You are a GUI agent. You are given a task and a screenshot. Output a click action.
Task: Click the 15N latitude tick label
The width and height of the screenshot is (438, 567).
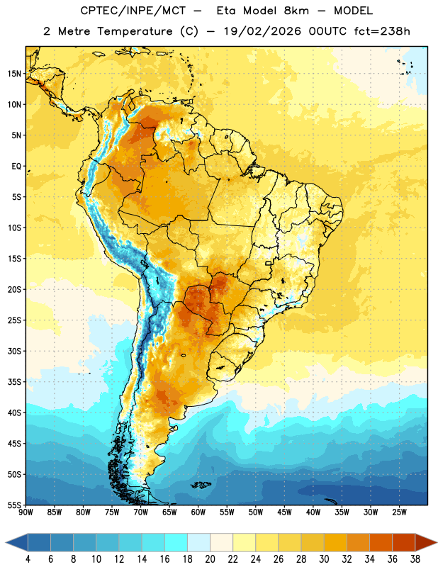(14, 74)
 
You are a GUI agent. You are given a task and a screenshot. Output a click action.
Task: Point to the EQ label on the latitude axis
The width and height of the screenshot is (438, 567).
(16, 167)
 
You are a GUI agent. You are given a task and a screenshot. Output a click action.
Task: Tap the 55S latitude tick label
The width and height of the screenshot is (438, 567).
(14, 505)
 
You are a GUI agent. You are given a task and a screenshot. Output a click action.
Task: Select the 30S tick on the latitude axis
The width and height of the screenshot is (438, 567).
(14, 351)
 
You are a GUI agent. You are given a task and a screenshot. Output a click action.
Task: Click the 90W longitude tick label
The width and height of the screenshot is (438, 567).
(26, 512)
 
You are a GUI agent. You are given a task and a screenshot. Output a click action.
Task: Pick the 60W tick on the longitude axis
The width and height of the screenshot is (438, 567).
(198, 512)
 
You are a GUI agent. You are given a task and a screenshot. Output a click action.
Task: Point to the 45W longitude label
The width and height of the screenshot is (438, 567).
(284, 512)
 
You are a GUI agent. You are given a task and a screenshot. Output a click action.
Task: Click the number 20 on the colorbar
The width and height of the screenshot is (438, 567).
(210, 559)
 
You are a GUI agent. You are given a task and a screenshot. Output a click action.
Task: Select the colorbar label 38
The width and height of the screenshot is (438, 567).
(415, 559)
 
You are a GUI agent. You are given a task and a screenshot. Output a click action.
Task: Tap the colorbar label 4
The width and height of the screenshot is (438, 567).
(28, 559)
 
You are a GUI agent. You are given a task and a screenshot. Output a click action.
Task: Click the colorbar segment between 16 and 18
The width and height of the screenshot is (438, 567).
(176, 542)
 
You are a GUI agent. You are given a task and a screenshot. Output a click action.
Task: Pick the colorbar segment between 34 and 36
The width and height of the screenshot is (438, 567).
(381, 542)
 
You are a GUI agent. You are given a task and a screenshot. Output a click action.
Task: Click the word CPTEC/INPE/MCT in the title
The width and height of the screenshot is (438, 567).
(133, 11)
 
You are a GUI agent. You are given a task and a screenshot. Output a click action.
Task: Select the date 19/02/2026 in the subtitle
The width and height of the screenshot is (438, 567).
(262, 31)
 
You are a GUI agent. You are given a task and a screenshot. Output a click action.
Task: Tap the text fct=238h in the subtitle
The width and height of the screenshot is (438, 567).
(382, 31)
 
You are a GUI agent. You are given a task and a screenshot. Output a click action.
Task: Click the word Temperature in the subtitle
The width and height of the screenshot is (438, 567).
(135, 31)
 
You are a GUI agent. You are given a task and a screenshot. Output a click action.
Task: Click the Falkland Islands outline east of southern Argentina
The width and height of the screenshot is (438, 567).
(201, 485)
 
